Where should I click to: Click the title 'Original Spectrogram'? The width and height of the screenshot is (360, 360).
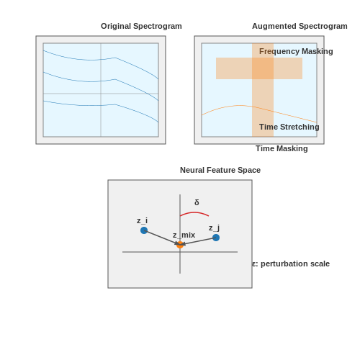(x=141, y=26)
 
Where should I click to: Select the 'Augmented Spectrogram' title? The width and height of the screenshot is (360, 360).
(x=300, y=26)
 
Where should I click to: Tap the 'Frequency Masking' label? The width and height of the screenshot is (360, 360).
(x=296, y=51)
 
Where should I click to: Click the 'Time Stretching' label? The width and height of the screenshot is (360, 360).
(x=289, y=127)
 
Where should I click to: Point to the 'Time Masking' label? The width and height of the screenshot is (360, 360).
(x=282, y=148)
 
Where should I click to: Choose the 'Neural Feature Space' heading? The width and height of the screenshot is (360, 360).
(x=220, y=170)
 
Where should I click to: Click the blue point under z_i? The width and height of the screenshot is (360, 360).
(x=144, y=230)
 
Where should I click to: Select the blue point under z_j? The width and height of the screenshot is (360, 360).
(x=216, y=238)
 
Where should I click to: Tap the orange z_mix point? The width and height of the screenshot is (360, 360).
(x=180, y=245)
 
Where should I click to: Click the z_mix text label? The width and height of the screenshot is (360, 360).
(x=184, y=235)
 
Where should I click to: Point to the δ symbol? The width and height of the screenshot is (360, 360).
(x=197, y=202)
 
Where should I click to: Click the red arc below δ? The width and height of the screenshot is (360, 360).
(x=194, y=212)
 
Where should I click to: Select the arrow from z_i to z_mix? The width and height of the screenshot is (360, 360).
(x=162, y=238)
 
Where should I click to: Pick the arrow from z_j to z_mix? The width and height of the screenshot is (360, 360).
(x=198, y=241)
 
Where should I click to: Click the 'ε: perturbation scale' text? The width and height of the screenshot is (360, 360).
(x=291, y=264)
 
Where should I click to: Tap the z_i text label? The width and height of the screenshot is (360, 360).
(x=142, y=220)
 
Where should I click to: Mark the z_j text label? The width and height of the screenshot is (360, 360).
(x=214, y=228)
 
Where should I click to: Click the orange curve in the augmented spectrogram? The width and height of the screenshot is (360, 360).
(x=259, y=108)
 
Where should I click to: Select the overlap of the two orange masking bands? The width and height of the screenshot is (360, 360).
(x=263, y=68)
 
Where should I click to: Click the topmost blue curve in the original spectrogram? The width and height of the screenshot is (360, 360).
(x=101, y=59)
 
